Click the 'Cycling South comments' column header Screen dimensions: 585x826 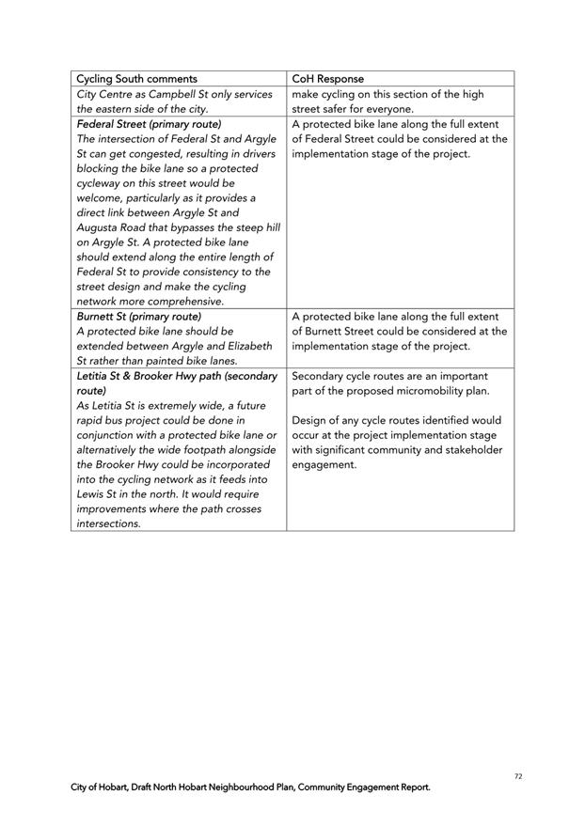point(136,79)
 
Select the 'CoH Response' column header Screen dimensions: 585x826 point(328,79)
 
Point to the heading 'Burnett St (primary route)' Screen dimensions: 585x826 point(139,317)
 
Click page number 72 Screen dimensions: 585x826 point(518,776)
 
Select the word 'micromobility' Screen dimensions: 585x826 point(420,391)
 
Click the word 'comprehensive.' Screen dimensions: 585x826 point(178,302)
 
